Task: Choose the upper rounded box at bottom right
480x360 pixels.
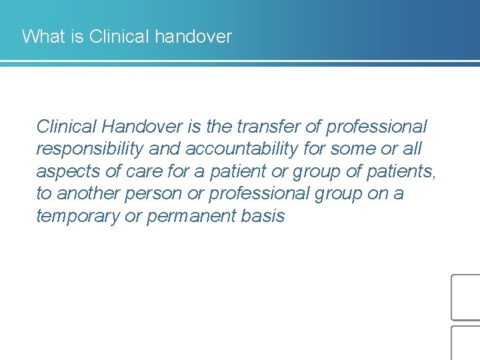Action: coord(465,297)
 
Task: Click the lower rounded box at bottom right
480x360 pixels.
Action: coord(465,343)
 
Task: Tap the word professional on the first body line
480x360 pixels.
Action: coord(377,126)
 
